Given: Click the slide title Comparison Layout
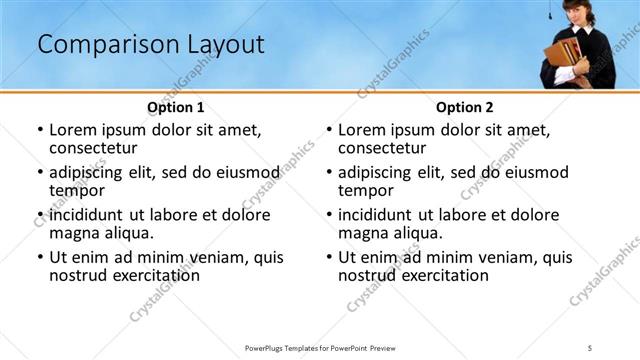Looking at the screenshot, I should pos(150,45).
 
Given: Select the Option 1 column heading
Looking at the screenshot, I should pos(176,107).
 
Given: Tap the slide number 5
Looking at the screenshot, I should pos(590,347).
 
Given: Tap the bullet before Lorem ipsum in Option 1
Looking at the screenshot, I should pos(39,130).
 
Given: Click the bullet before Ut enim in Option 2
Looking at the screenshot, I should pos(328,257).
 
